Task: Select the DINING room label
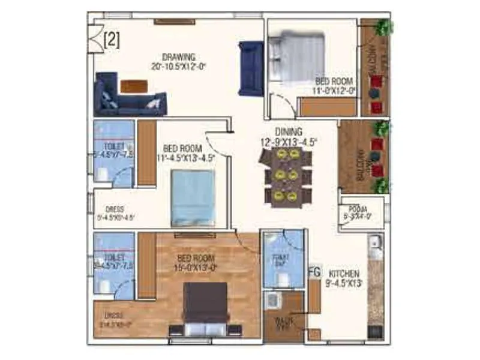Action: [x=289, y=132]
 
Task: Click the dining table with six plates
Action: [x=286, y=175]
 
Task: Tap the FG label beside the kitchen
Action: [x=314, y=271]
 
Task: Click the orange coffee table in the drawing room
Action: [x=133, y=86]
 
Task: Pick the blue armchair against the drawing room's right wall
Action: [x=250, y=68]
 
